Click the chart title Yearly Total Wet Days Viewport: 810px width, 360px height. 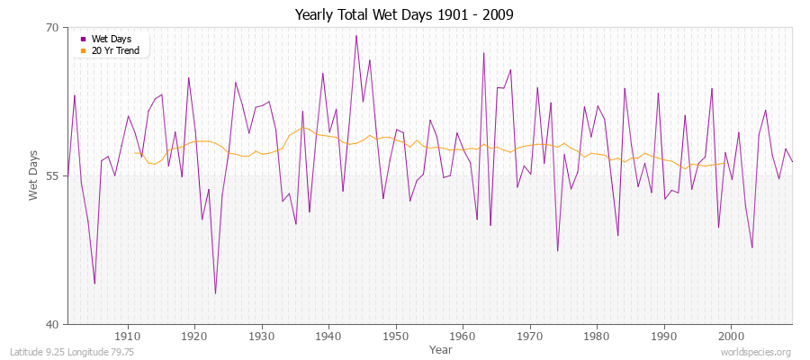[x=405, y=15]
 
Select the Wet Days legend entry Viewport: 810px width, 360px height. [x=111, y=39]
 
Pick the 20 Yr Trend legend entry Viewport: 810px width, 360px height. [x=114, y=50]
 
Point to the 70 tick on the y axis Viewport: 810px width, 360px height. [x=51, y=28]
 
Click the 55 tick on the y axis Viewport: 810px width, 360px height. [x=51, y=175]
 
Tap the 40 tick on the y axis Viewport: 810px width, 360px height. [x=51, y=324]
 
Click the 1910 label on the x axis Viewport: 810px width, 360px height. [x=128, y=337]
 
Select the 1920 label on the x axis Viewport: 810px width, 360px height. [x=194, y=337]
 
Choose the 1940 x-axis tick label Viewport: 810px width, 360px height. [x=328, y=337]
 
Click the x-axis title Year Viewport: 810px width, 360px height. [x=441, y=348]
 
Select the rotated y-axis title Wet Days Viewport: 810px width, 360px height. [x=33, y=175]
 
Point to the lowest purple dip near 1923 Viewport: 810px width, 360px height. [x=215, y=293]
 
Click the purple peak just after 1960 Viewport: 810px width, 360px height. [x=483, y=52]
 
